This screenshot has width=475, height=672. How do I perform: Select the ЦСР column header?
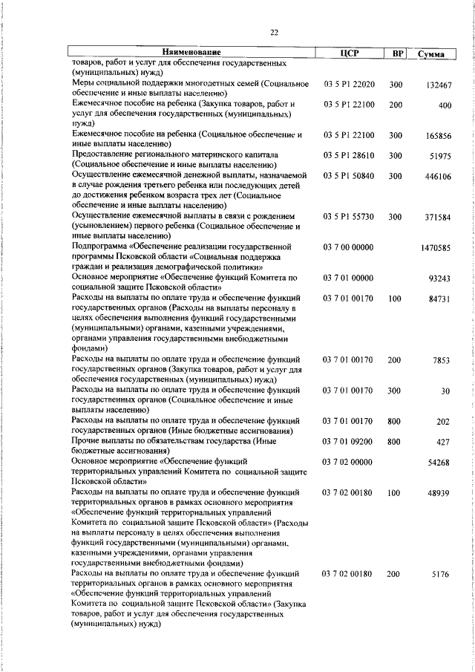point(348,53)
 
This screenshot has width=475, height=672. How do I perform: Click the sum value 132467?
point(439,85)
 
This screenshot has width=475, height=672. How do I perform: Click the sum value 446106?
point(439,177)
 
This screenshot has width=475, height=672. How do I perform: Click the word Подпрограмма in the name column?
point(101,246)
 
